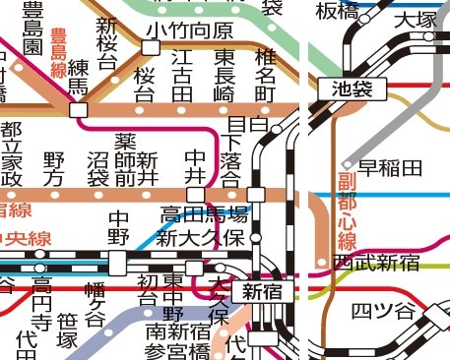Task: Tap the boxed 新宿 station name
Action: coord(262,291)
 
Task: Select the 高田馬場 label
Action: coord(204,214)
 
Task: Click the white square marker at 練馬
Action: coord(78,110)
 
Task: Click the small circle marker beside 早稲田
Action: coord(347,164)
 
